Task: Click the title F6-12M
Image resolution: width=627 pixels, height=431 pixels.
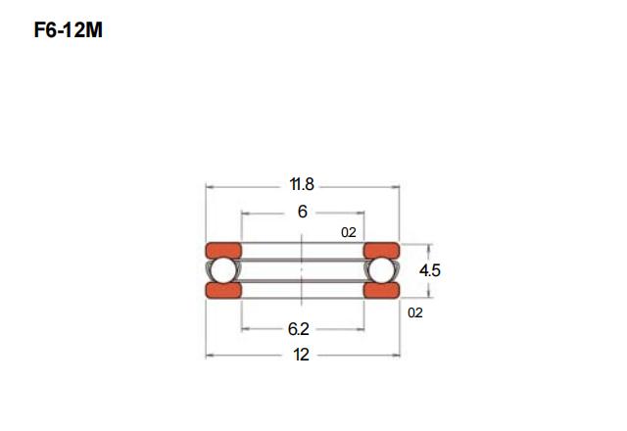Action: point(69,30)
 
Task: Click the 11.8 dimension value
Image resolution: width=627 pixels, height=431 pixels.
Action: point(302,184)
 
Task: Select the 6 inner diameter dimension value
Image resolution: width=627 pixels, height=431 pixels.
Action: point(303,212)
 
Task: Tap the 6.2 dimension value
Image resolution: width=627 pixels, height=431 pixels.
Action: point(298,329)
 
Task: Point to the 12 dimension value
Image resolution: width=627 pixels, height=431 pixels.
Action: point(301,355)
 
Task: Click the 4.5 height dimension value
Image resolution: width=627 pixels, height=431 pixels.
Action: point(430,270)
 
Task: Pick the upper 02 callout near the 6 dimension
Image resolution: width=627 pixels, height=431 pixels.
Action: point(349,232)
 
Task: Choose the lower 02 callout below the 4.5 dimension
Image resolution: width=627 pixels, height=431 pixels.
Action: point(415,312)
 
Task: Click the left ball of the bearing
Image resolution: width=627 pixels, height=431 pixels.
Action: point(223,270)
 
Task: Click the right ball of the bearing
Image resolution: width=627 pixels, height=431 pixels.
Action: point(381,270)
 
